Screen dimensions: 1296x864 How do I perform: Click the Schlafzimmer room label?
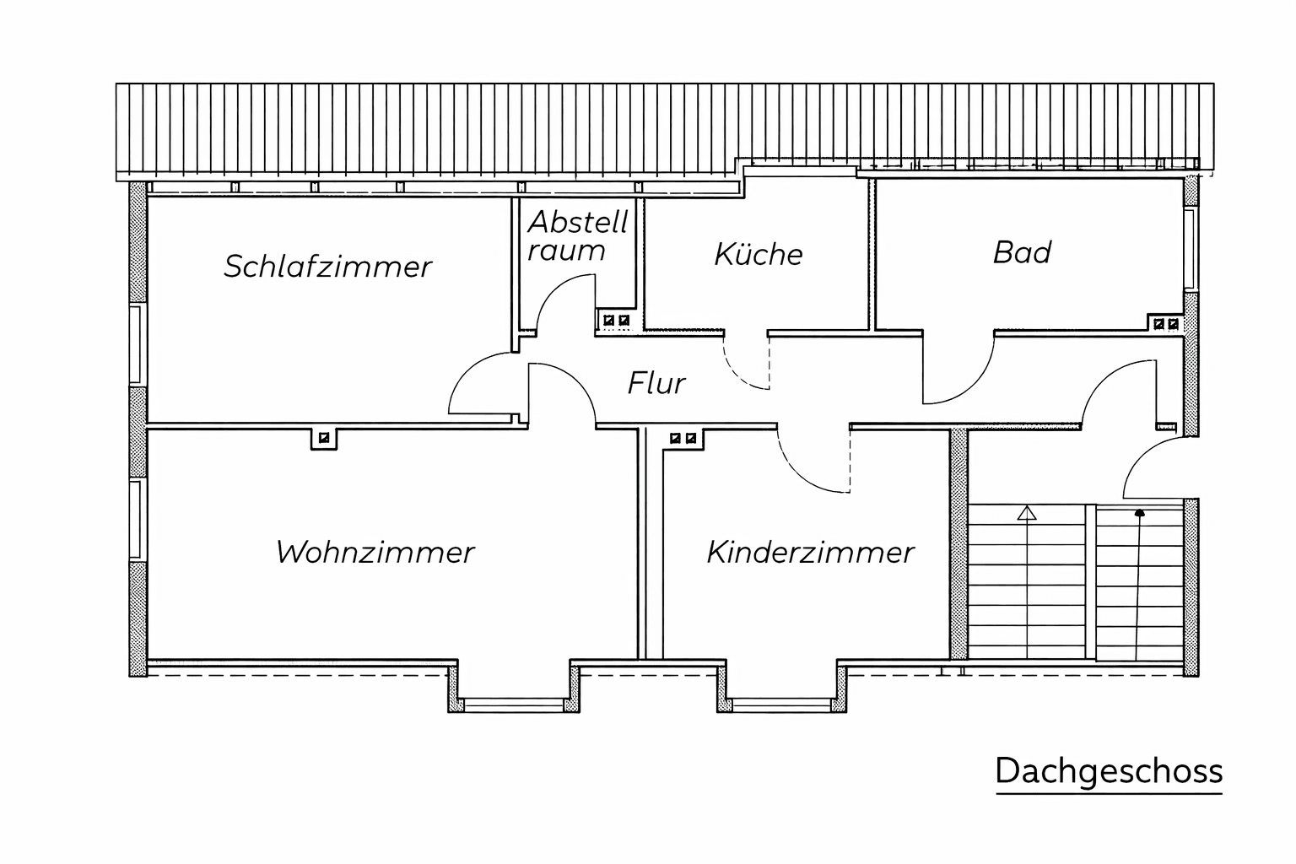click(328, 267)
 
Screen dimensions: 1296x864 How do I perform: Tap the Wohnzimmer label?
click(375, 552)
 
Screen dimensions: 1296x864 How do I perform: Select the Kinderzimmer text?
click(810, 552)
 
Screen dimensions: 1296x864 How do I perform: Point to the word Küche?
click(759, 254)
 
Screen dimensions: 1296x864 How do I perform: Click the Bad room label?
click(1022, 252)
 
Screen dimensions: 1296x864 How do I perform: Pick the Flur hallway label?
click(656, 382)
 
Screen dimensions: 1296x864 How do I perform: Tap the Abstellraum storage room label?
click(577, 235)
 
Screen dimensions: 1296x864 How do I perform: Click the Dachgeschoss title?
click(1109, 771)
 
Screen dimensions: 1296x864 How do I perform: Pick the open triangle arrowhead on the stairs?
click(1026, 513)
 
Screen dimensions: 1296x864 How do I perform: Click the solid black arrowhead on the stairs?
click(1139, 513)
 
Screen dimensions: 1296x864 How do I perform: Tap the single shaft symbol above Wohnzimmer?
click(324, 438)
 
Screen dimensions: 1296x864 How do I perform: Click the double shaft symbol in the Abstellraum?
click(616, 320)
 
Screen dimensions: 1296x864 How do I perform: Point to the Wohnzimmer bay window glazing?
click(514, 704)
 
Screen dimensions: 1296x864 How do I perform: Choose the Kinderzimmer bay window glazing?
click(781, 704)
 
